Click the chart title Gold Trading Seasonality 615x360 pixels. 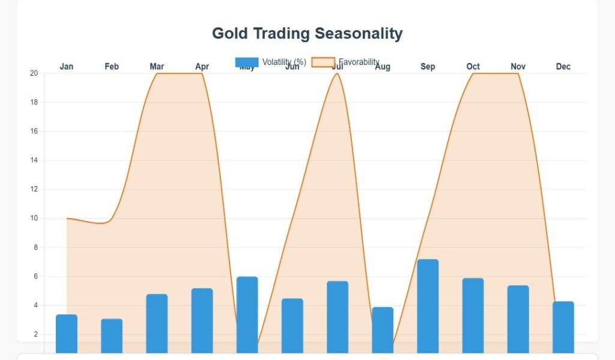[307, 34]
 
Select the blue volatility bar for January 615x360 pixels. [67, 334]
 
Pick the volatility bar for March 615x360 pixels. [157, 323]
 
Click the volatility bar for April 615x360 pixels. [202, 320]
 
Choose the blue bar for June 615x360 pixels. [292, 326]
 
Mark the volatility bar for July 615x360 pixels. [338, 317]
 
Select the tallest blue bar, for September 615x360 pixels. [428, 306]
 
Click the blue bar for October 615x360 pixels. [473, 316]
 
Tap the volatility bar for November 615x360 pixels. [518, 319]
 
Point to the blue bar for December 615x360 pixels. [563, 327]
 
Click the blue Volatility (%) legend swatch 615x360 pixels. [247, 62]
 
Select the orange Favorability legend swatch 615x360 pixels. [323, 62]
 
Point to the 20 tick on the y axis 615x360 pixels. [34, 73]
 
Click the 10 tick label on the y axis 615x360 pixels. [34, 218]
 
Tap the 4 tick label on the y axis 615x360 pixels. [35, 305]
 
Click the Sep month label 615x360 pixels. [428, 67]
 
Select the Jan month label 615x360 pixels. [67, 67]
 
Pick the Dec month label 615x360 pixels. [563, 67]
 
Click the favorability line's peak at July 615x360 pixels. [338, 74]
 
